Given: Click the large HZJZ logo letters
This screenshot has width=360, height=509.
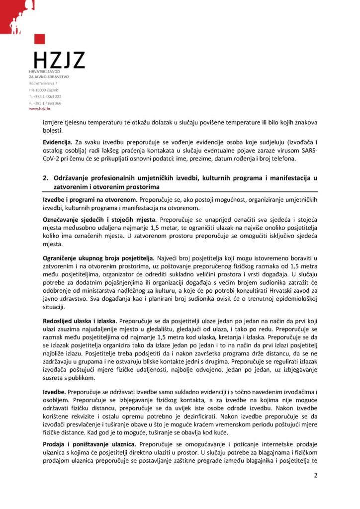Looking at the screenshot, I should pos(59,60).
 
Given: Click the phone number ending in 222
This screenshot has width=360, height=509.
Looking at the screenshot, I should pos(45,96).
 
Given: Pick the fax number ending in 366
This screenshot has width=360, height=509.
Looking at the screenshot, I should pos(45,103).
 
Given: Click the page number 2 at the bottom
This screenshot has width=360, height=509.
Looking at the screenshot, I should pos(315,475).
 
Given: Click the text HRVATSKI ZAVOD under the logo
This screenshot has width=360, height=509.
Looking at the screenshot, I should pos(45,73).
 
